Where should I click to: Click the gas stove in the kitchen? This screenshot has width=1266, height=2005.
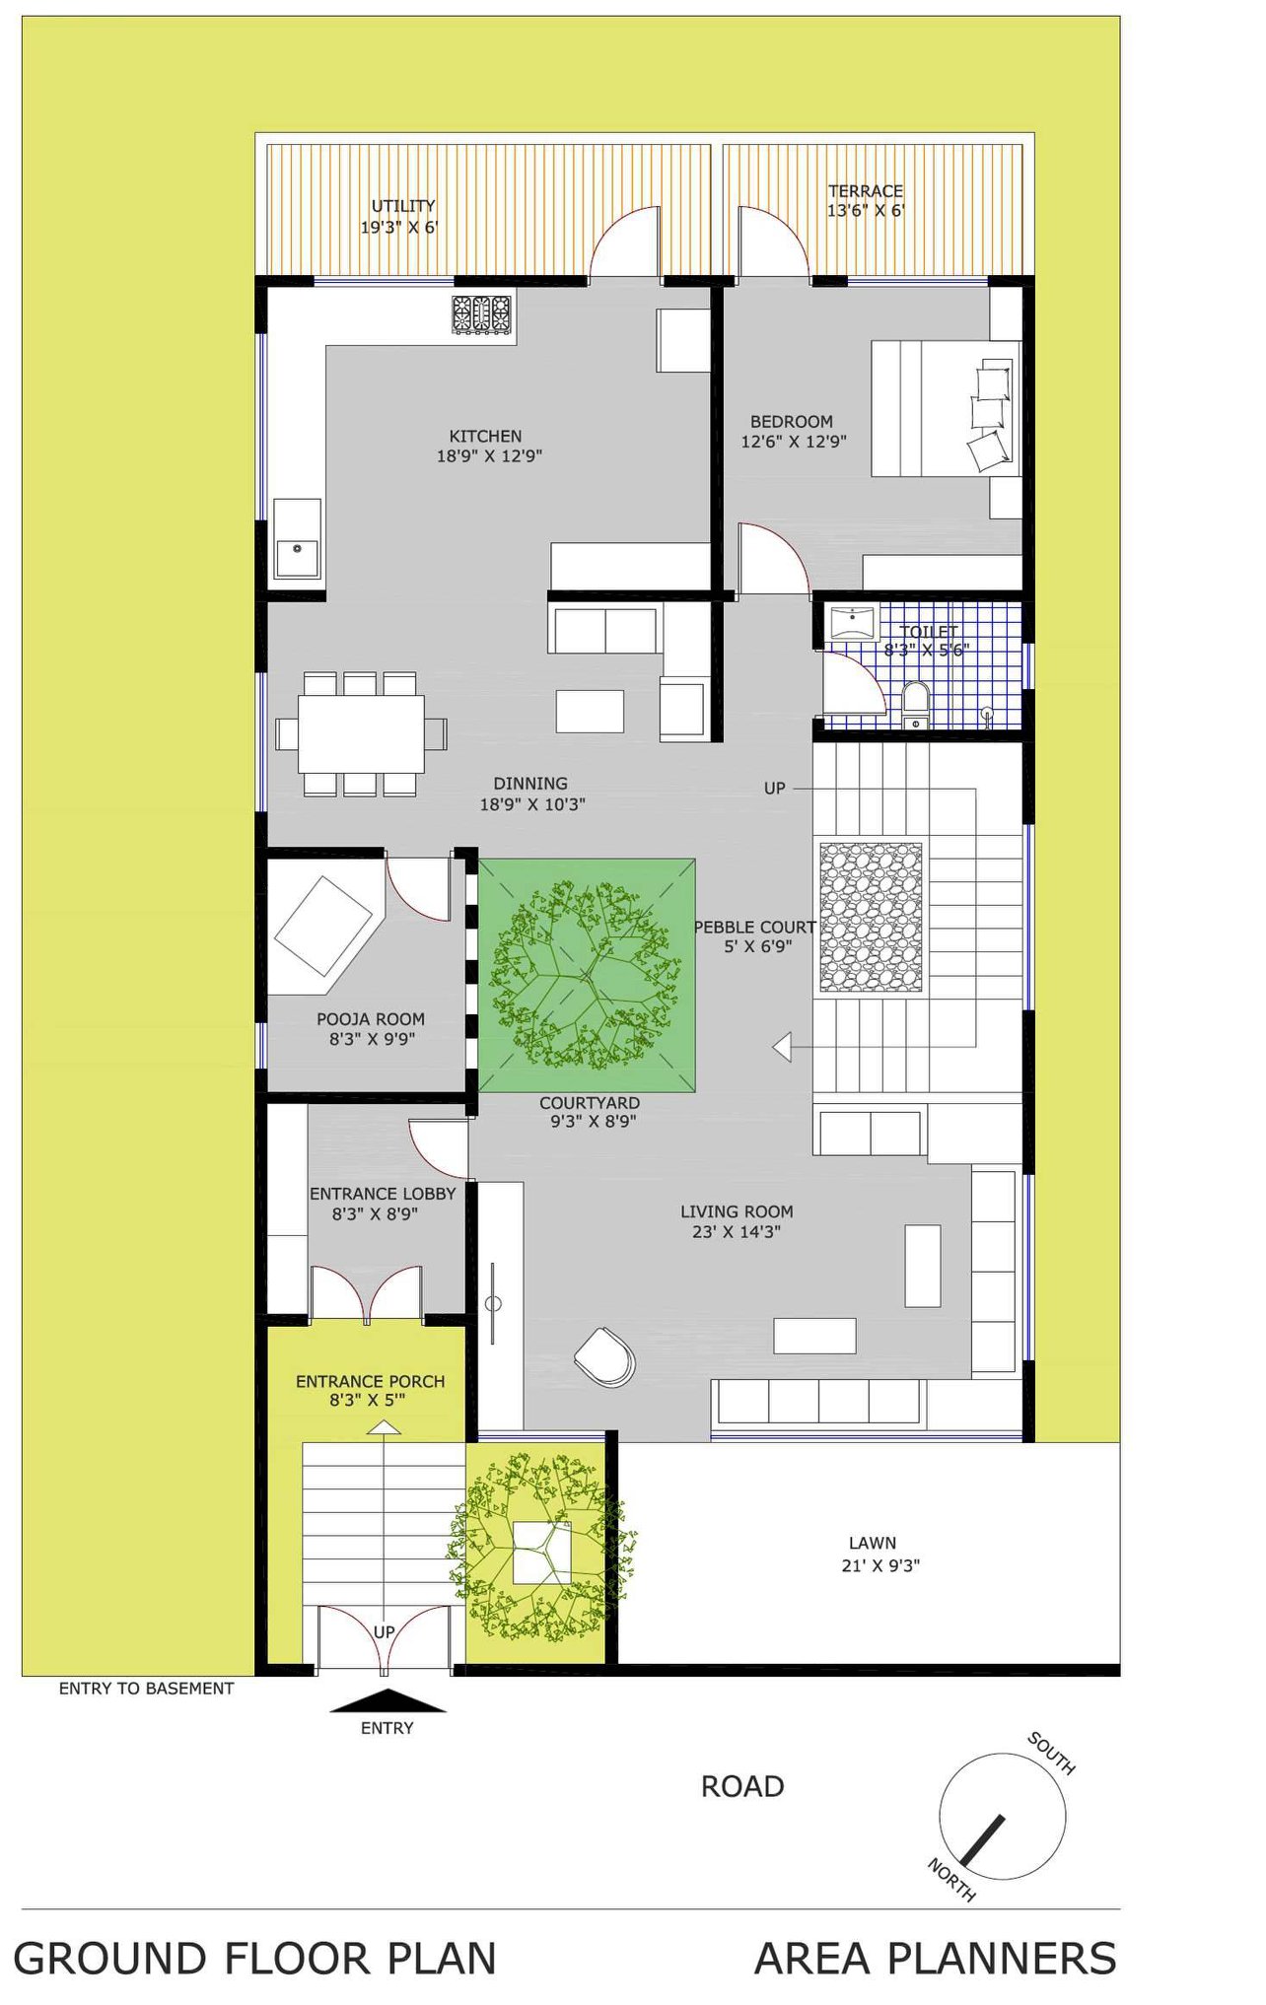(482, 314)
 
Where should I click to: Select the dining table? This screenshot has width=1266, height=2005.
(361, 733)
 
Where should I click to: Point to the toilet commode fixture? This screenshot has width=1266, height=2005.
(916, 704)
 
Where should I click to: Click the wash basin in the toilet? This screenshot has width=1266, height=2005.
(853, 624)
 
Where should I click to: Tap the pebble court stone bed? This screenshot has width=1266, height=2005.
(871, 917)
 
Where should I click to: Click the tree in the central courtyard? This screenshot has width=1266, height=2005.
(588, 976)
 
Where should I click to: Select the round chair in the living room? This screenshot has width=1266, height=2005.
(604, 1356)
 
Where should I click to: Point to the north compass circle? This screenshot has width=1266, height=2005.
(1002, 1817)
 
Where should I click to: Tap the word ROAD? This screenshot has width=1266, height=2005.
(742, 1786)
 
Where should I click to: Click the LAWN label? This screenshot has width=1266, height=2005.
(873, 1543)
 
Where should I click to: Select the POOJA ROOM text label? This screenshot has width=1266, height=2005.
(371, 1019)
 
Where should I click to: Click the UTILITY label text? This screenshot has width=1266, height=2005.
(403, 206)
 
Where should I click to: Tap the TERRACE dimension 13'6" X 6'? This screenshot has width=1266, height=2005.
(866, 210)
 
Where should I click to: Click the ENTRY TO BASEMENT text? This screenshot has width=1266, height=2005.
(147, 1689)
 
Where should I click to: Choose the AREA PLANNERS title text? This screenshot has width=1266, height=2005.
(936, 1959)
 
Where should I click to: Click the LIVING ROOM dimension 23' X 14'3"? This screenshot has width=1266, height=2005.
(737, 1231)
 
